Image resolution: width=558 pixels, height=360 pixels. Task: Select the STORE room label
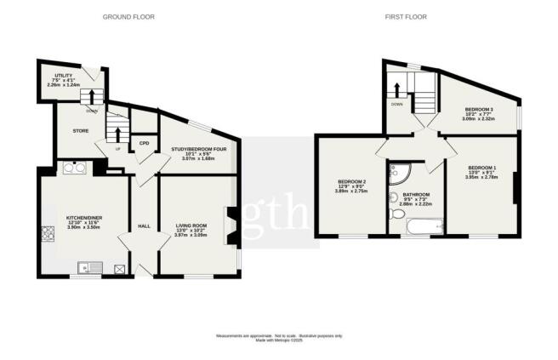pos(81,131)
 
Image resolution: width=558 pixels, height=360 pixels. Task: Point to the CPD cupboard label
pos(144,143)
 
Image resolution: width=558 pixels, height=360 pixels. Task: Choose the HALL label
pos(144,226)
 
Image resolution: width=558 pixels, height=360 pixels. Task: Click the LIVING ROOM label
pos(191,227)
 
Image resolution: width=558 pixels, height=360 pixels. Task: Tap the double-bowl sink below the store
pos(75,167)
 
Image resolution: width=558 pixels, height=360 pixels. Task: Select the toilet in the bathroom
pos(393,200)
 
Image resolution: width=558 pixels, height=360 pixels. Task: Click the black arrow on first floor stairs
pos(395,88)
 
